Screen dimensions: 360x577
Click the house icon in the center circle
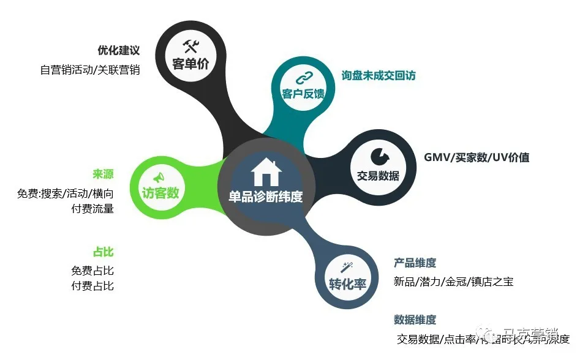point(266,173)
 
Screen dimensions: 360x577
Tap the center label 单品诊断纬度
point(266,197)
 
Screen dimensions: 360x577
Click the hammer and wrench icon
point(190,46)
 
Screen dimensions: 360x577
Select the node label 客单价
point(190,64)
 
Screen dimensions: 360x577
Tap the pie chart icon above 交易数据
point(378,156)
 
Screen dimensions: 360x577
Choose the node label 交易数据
point(378,176)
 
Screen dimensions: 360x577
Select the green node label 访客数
point(160,193)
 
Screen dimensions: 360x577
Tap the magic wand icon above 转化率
point(347,268)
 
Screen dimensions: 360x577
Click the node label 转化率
point(347,285)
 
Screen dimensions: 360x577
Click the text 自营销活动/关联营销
point(90,70)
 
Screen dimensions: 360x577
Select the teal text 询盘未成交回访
point(379,75)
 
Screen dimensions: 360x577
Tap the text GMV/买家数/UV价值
point(477,157)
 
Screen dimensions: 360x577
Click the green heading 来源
point(103,174)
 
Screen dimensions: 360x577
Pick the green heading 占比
point(103,252)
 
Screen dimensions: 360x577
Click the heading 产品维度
point(415,263)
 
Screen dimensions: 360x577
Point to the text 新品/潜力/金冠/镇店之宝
point(453,282)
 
